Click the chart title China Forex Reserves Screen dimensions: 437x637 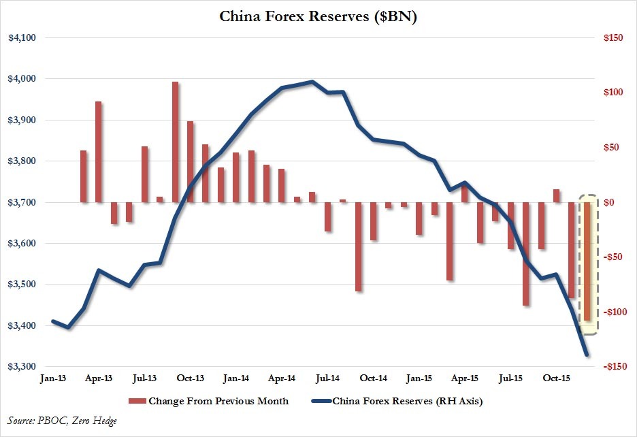point(318,16)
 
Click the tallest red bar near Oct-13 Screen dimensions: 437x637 point(175,142)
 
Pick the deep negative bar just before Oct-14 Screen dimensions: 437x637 point(358,246)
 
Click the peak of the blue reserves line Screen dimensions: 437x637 point(312,82)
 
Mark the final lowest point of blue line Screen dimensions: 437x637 point(587,355)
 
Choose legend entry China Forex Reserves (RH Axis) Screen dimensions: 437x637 point(407,401)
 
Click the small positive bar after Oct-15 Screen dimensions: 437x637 point(557,195)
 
